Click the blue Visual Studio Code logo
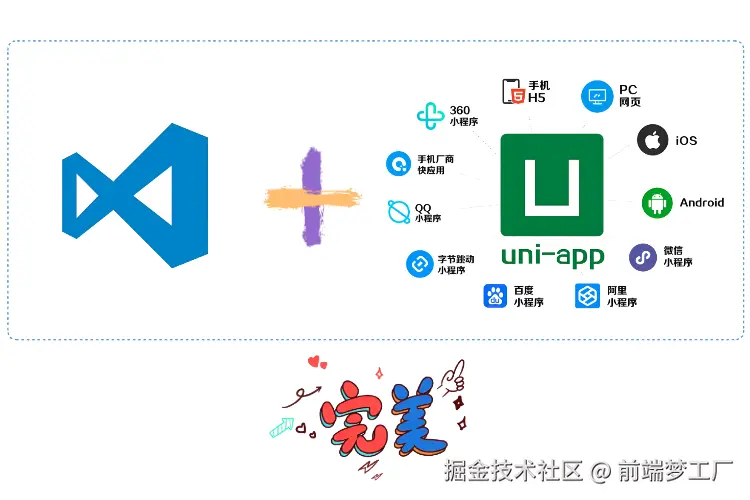[x=134, y=195]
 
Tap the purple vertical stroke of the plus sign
[x=311, y=197]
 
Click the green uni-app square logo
[x=552, y=185]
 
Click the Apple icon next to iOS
[x=653, y=140]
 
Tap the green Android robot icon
[x=657, y=203]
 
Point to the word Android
[x=702, y=203]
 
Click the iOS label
[x=686, y=141]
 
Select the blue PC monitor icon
[x=597, y=96]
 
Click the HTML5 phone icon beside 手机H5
[x=514, y=92]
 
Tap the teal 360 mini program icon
[x=430, y=117]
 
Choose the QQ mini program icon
[x=399, y=212]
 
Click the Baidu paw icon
[x=496, y=296]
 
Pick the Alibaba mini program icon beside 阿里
[x=587, y=296]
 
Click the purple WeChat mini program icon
[x=643, y=257]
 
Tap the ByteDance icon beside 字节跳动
[x=418, y=264]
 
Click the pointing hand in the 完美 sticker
[x=455, y=376]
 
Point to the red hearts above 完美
[x=317, y=362]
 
